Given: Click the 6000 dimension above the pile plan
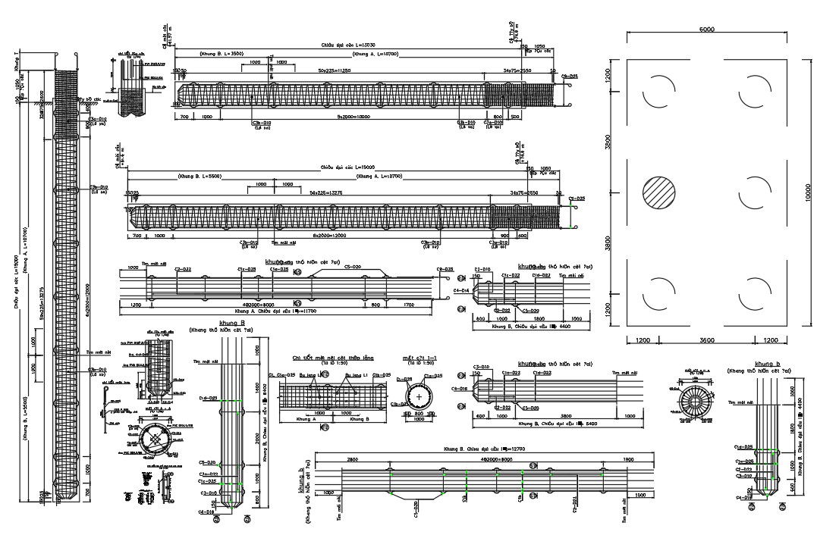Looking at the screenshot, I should pyautogui.click(x=706, y=30).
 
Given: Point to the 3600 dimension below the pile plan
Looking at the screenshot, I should pyautogui.click(x=706, y=341).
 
